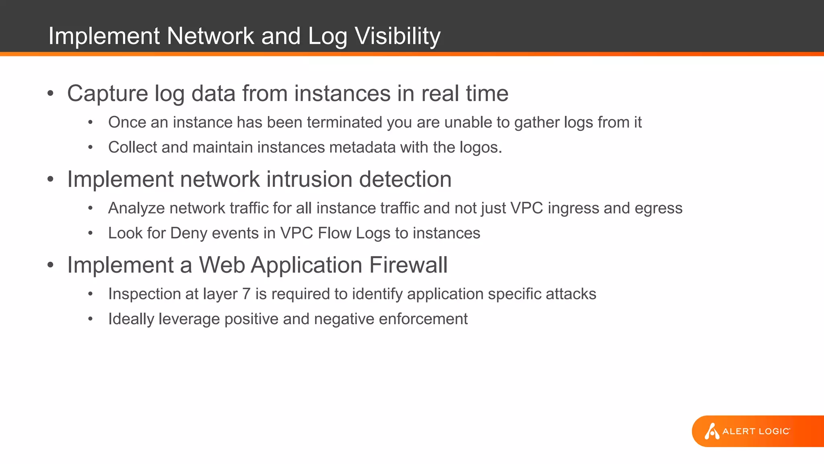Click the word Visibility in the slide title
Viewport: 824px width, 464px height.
398,36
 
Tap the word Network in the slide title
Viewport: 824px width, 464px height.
210,36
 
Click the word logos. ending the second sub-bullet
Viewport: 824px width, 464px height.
481,148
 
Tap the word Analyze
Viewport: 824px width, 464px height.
136,209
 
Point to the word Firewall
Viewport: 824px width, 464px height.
408,265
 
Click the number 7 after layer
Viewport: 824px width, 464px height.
246,294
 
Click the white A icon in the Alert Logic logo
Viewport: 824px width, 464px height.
711,431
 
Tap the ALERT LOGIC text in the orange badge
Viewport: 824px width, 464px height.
756,431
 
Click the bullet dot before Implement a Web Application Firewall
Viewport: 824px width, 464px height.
50,265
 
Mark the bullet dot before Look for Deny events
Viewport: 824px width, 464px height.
91,233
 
